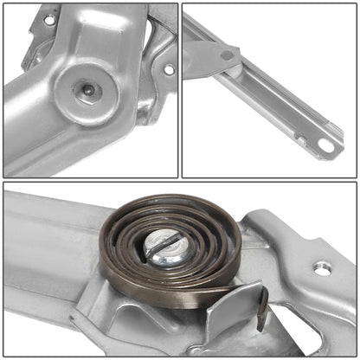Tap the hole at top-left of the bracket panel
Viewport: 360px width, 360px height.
click(48, 19)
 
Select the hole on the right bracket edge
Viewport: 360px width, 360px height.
click(169, 69)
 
